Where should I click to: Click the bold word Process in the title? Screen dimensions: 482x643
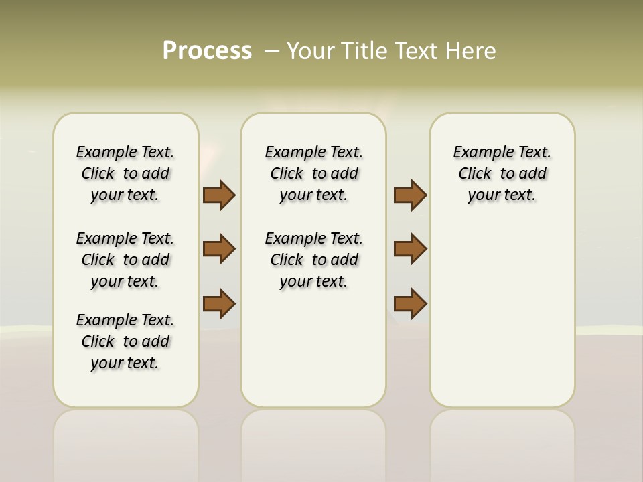pos(207,51)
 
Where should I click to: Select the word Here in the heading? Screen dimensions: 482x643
pos(470,51)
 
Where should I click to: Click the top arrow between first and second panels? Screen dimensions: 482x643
pos(219,195)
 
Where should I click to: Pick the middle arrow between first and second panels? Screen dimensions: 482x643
pos(219,249)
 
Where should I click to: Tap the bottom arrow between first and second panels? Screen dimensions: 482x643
pos(219,303)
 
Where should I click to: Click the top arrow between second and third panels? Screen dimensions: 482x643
pos(410,195)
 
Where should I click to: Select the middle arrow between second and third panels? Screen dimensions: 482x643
pos(410,249)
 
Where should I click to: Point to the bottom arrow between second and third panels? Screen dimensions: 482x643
pos(410,303)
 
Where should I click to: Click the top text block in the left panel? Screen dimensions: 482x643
pos(125,173)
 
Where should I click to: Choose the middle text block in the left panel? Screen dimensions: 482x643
pos(125,260)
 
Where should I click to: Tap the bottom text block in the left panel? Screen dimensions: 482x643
pos(125,341)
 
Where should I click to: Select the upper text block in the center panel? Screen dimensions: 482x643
pos(313,173)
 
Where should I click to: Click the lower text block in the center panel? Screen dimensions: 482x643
pos(313,260)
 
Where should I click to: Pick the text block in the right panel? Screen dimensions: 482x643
pos(502,173)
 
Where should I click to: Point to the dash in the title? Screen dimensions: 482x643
pos(272,51)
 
